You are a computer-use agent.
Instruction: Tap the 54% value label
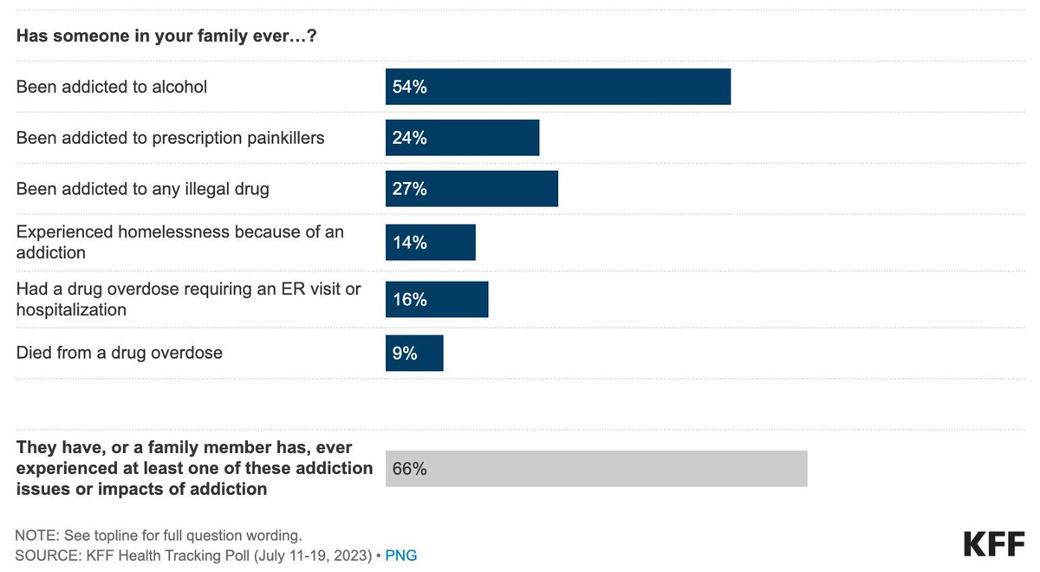point(409,87)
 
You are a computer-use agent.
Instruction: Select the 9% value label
point(405,353)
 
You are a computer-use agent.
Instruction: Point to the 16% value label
point(409,299)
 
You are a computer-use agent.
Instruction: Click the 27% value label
point(409,188)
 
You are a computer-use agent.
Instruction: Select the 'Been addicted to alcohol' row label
point(112,87)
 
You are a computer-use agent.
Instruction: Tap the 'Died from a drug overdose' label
point(120,353)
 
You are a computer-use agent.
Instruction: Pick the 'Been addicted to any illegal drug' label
point(143,189)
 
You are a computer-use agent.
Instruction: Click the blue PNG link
point(401,555)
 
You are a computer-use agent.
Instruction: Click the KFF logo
point(993,543)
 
